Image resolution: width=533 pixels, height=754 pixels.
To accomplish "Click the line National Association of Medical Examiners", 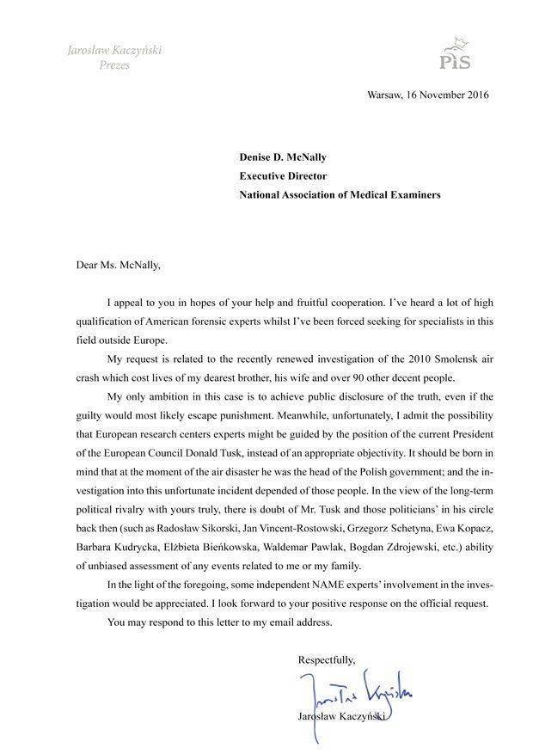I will [x=340, y=194].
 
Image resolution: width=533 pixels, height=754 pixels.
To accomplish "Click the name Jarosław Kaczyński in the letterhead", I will [x=114, y=50].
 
